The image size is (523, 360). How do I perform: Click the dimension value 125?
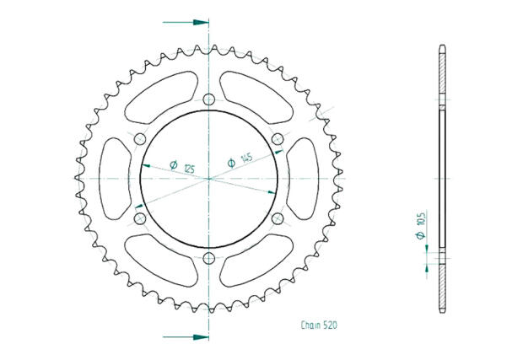[x=189, y=169]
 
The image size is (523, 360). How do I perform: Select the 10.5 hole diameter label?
[x=420, y=223]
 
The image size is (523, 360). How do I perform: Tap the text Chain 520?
[x=321, y=324]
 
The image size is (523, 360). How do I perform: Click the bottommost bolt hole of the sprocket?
[x=208, y=259]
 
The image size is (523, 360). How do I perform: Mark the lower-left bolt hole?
[x=140, y=219]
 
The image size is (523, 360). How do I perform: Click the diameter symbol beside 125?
[x=173, y=165]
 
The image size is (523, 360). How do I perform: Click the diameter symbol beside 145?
[x=230, y=164]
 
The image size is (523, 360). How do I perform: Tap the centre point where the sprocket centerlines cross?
[x=208, y=179]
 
